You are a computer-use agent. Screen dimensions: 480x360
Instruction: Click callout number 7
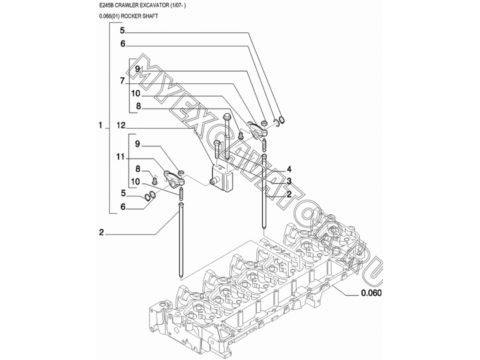click(x=122, y=81)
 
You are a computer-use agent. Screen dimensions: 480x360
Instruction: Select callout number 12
click(x=121, y=125)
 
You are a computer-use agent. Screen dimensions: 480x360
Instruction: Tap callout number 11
click(x=120, y=157)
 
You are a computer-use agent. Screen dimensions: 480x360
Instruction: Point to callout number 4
click(x=288, y=169)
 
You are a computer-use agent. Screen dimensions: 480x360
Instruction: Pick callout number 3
click(x=288, y=181)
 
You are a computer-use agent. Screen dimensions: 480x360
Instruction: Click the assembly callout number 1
click(x=100, y=125)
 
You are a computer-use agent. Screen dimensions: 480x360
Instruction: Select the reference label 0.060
click(x=371, y=293)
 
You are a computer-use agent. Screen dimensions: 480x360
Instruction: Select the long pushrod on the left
click(x=181, y=240)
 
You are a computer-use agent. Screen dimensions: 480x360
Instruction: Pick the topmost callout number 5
click(x=122, y=30)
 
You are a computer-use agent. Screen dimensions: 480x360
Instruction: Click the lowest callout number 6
click(x=123, y=207)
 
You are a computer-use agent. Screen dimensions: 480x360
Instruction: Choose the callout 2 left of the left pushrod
click(x=101, y=232)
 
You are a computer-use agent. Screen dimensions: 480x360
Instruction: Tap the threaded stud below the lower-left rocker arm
click(x=181, y=193)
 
